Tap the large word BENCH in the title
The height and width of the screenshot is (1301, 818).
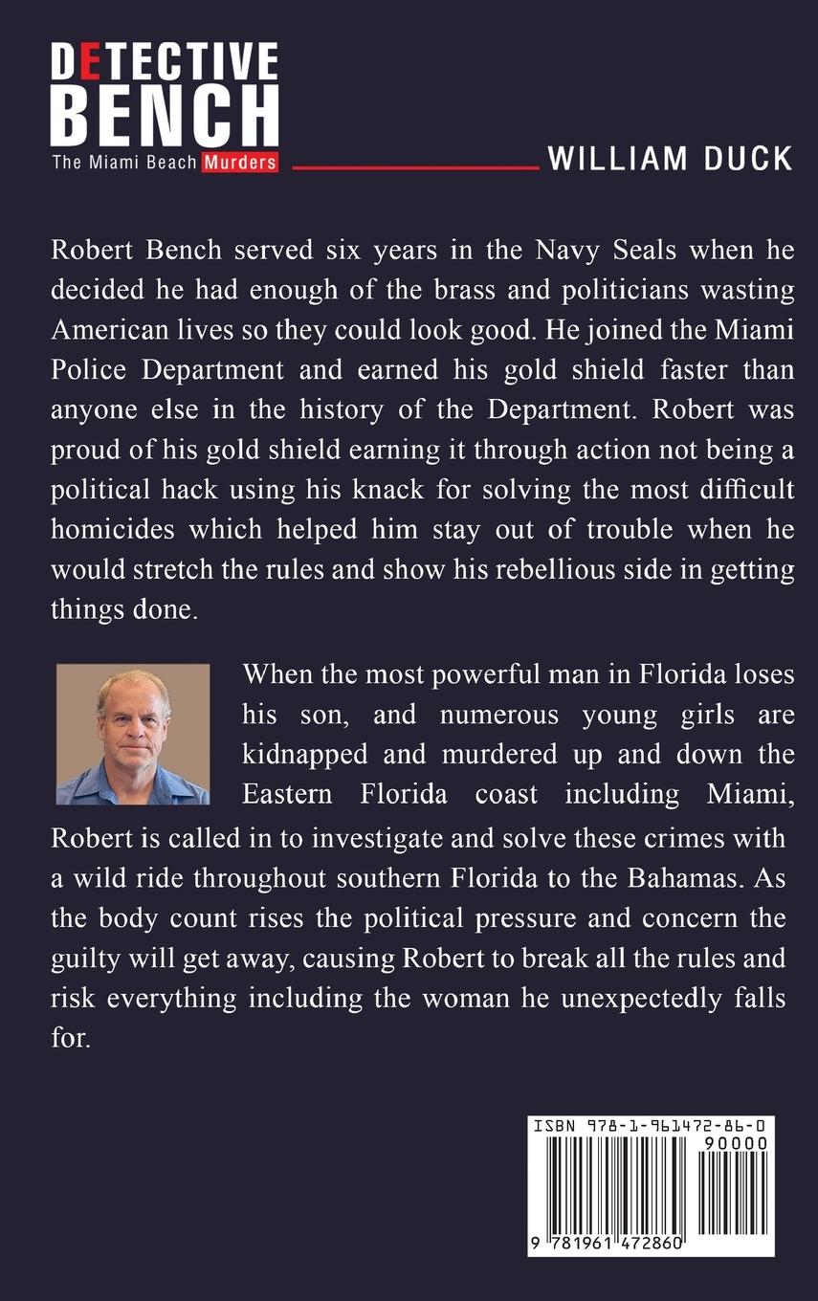[164, 115]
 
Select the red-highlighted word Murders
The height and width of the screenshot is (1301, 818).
[239, 163]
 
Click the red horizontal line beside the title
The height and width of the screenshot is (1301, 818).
[415, 167]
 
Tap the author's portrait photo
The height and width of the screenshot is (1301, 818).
[132, 734]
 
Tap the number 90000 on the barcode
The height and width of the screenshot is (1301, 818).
[735, 1142]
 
